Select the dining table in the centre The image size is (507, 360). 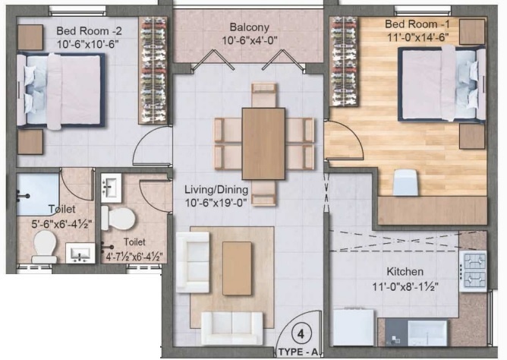click(263, 143)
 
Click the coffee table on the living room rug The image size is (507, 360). click(236, 268)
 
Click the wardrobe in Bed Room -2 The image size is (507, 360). click(151, 72)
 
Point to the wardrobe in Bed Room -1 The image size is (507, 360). click(339, 68)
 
